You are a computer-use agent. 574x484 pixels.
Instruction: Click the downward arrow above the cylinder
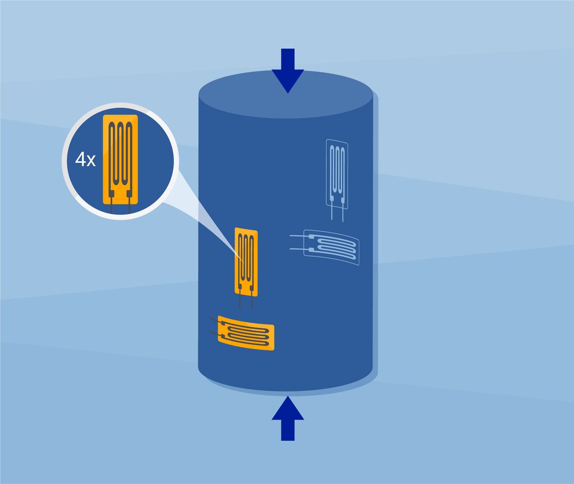click(288, 71)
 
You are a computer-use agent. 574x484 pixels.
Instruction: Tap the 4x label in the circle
click(85, 160)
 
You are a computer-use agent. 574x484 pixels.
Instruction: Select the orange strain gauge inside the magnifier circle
click(120, 159)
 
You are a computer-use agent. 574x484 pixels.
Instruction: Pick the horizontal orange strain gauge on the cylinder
click(246, 333)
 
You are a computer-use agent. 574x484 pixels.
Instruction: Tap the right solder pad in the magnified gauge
click(129, 192)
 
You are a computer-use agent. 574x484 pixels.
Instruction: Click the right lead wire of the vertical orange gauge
click(251, 301)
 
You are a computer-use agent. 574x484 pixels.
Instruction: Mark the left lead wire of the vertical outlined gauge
click(332, 213)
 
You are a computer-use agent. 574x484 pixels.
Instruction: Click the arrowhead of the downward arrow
click(288, 81)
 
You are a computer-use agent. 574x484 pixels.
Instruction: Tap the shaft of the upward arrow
click(288, 430)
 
